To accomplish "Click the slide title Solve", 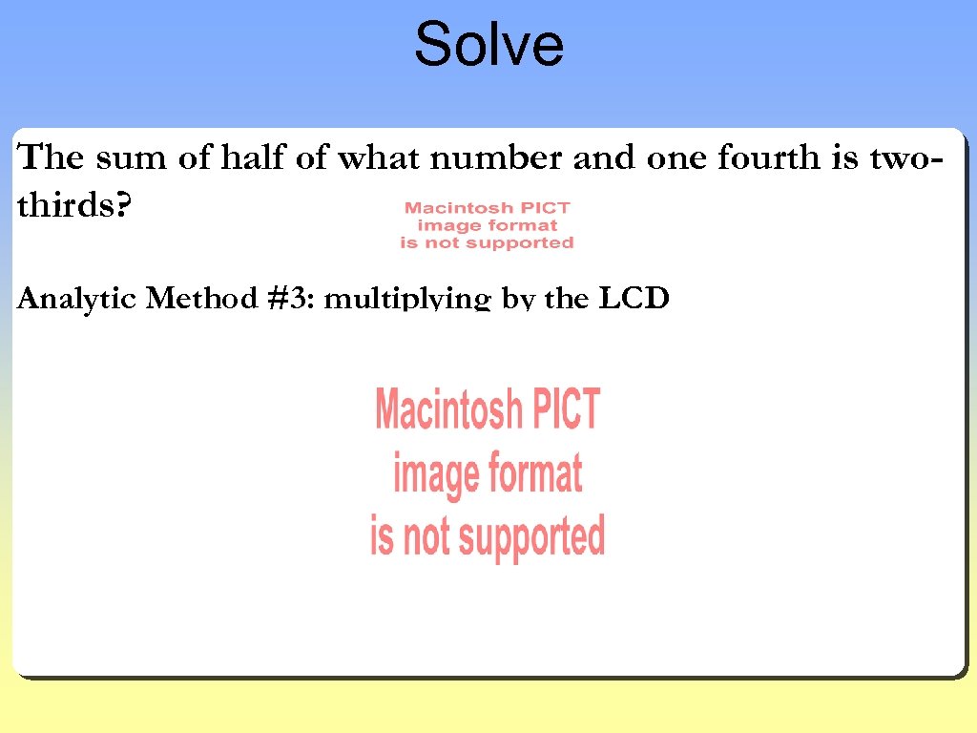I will [x=488, y=45].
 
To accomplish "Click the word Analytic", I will [x=77, y=300].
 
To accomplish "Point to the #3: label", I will [x=292, y=300].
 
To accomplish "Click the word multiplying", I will [x=408, y=301].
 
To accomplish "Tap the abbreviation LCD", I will [x=634, y=300].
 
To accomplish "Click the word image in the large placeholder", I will [x=435, y=473].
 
